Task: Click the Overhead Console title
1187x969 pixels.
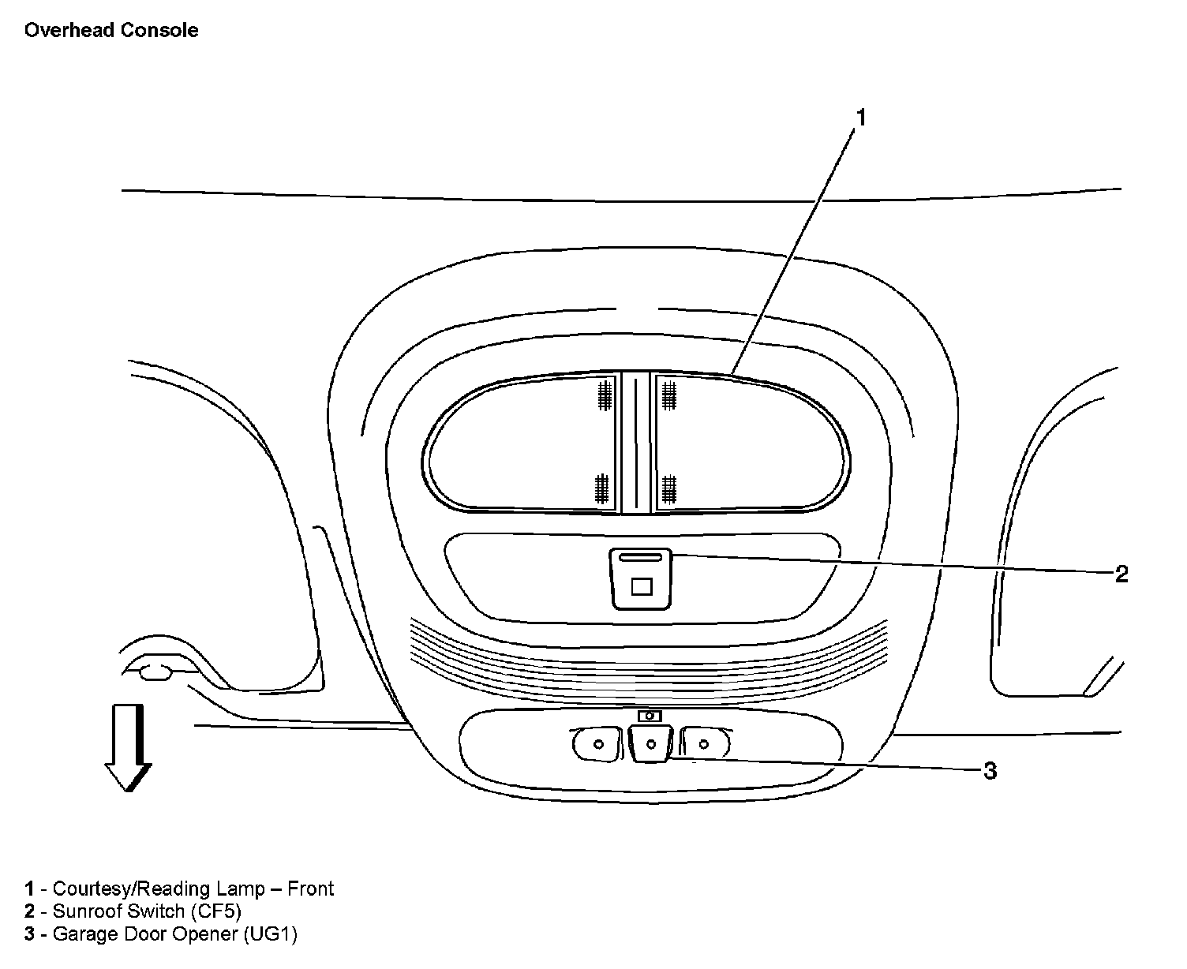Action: [x=111, y=31]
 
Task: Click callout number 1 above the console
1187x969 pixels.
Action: [x=861, y=118]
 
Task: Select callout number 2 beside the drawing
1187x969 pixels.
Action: [x=1121, y=574]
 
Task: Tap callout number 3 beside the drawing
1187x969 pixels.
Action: [x=990, y=770]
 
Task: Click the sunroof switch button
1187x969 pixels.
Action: [x=640, y=579]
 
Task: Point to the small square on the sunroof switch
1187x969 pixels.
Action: [x=642, y=586]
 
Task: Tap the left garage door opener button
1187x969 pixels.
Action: [x=596, y=744]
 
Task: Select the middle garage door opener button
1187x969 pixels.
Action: [x=651, y=744]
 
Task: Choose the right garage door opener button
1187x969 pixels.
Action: [x=704, y=743]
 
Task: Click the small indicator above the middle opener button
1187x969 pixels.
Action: [x=650, y=716]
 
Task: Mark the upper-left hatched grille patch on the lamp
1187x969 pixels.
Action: [x=605, y=394]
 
